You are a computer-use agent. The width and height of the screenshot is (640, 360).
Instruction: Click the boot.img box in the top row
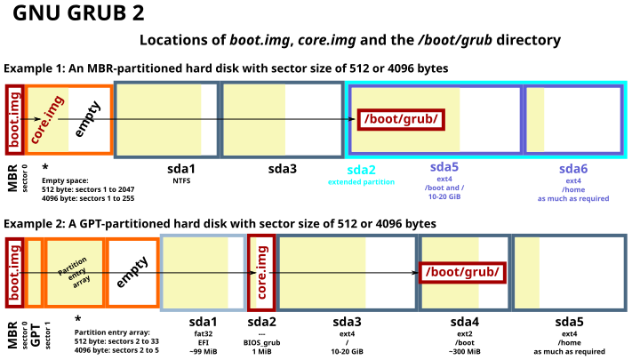14,119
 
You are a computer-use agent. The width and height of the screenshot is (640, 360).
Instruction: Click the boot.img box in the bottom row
14,272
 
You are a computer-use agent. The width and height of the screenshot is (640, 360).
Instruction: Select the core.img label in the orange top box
46,120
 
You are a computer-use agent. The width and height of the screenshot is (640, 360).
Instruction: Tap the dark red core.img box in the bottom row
261,272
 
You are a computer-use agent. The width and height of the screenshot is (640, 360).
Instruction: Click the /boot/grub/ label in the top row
401,119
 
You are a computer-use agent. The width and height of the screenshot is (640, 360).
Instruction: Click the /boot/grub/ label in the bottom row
462,272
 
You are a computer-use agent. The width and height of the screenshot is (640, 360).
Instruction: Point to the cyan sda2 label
361,170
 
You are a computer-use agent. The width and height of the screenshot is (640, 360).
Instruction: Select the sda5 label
444,167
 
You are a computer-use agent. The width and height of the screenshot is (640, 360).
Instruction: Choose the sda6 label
573,169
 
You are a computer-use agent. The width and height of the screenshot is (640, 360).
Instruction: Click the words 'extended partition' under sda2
361,182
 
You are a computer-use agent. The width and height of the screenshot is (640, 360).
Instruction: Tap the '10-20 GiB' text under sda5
444,196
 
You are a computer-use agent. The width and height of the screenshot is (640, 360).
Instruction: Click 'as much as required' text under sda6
573,199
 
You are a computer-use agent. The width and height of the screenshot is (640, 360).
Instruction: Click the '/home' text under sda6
573,189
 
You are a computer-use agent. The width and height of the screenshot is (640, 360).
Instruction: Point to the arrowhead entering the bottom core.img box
253,272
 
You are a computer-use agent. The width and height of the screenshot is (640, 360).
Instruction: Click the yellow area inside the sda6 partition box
536,119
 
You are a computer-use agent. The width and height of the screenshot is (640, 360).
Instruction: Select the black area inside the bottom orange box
132,272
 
